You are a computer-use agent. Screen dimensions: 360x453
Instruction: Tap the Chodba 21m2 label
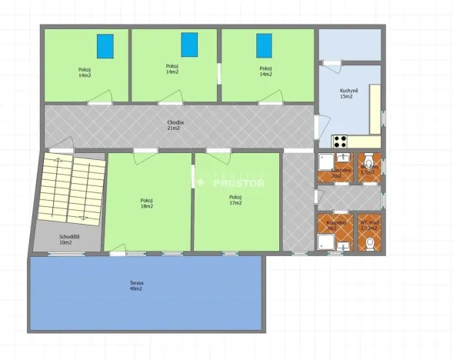[x=174, y=125]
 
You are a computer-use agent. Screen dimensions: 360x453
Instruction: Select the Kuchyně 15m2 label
[x=347, y=94]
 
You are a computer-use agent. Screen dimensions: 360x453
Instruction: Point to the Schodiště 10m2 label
[x=65, y=240]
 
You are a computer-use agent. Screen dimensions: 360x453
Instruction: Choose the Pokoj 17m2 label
[x=235, y=200]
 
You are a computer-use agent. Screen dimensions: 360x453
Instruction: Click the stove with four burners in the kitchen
[x=340, y=142]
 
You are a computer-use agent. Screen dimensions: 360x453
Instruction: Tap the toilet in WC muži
[x=369, y=244]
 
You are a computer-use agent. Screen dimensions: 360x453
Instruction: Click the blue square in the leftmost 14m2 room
[x=105, y=46]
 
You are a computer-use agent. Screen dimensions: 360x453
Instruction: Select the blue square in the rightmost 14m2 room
[x=265, y=45]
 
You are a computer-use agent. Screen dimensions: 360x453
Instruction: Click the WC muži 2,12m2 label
[x=370, y=226]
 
